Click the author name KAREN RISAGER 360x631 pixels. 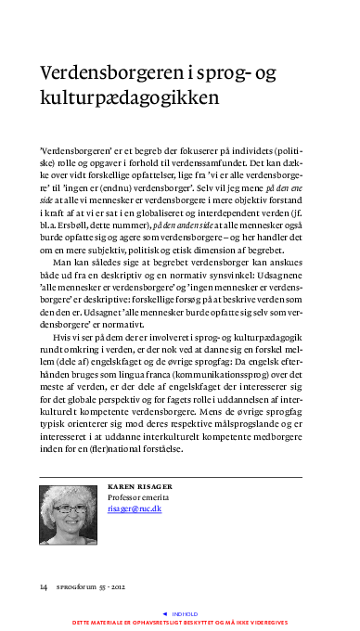point(140,486)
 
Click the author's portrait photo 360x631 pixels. point(68,517)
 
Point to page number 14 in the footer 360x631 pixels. point(44,586)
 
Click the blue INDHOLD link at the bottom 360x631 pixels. point(184,613)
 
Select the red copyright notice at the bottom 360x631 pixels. point(180,623)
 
